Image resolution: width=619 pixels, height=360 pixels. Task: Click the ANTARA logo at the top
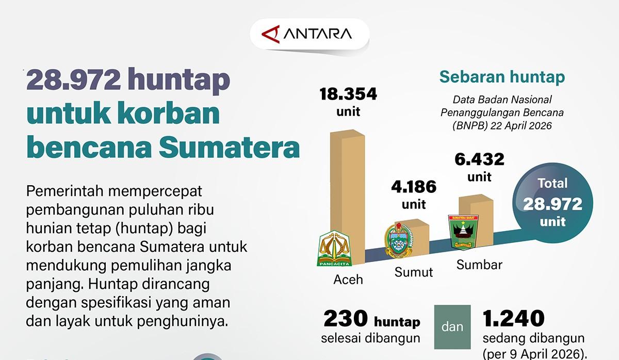click(x=308, y=35)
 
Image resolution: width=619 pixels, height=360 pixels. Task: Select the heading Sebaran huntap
click(x=502, y=77)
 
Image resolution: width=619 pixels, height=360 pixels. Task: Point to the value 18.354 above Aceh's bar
click(x=348, y=94)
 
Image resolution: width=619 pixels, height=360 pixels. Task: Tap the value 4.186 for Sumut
click(x=413, y=186)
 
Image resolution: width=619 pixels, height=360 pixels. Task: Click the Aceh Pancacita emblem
click(x=334, y=248)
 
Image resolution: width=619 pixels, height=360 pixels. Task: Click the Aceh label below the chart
click(x=348, y=279)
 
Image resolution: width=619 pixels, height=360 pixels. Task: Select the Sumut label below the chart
click(x=414, y=271)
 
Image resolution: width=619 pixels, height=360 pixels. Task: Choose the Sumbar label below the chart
click(x=479, y=265)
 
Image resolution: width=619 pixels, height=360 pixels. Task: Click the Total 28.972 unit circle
click(x=552, y=203)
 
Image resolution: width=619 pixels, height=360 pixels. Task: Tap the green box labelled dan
click(x=452, y=327)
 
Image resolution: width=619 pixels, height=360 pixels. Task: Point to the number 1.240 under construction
click(x=514, y=318)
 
